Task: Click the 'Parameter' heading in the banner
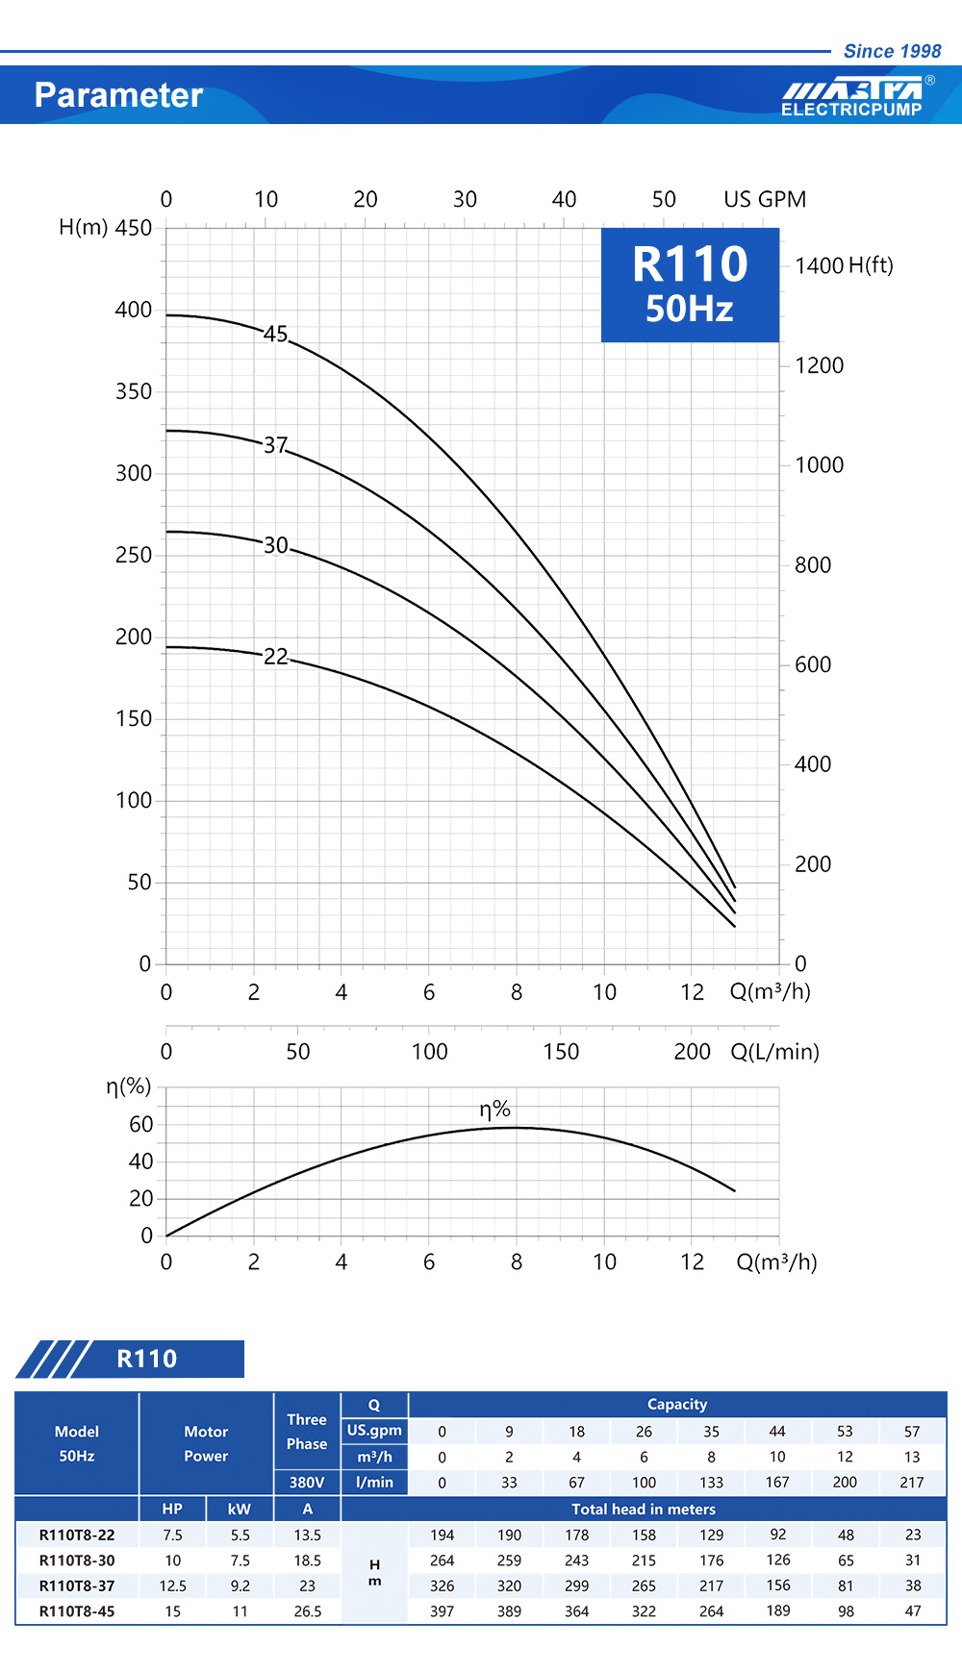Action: pyautogui.click(x=118, y=95)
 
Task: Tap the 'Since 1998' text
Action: pyautogui.click(x=892, y=51)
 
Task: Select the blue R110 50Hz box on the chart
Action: pyautogui.click(x=690, y=285)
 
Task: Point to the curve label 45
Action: pyautogui.click(x=275, y=334)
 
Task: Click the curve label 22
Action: pyautogui.click(x=275, y=656)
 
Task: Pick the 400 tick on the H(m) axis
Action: pyautogui.click(x=133, y=310)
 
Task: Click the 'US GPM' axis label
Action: pyautogui.click(x=765, y=199)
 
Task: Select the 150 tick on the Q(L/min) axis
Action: pyautogui.click(x=561, y=1052)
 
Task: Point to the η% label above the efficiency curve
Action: pyautogui.click(x=494, y=1110)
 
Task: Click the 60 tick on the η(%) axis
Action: pyautogui.click(x=140, y=1124)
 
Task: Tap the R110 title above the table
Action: pyautogui.click(x=146, y=1359)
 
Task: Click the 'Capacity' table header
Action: pyautogui.click(x=676, y=1405)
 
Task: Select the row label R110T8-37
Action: pyautogui.click(x=77, y=1586)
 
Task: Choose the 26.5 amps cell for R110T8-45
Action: pyautogui.click(x=307, y=1611)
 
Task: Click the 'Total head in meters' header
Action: pyautogui.click(x=643, y=1510)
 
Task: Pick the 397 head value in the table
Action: pyautogui.click(x=442, y=1611)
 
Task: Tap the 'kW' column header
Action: pyautogui.click(x=240, y=1510)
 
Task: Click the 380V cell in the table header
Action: pyautogui.click(x=307, y=1483)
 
